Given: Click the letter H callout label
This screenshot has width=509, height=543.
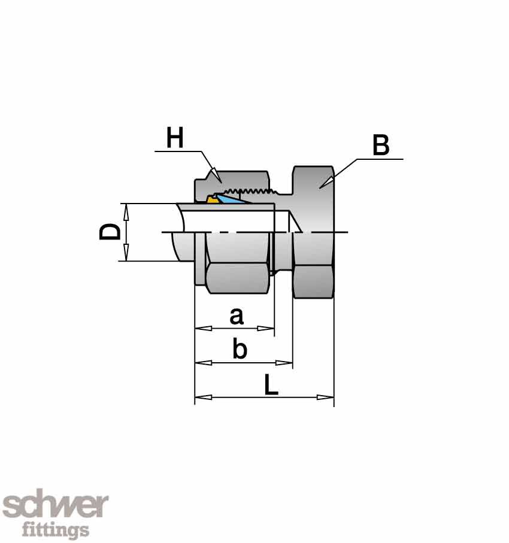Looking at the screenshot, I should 175,138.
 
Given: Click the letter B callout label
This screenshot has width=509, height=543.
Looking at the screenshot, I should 381,145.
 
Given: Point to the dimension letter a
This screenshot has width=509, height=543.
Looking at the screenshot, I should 237,316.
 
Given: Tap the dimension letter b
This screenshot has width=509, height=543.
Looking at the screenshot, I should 240,350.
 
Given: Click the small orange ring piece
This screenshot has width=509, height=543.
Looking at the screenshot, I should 211,200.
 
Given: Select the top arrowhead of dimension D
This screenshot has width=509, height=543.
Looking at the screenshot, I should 125,207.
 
